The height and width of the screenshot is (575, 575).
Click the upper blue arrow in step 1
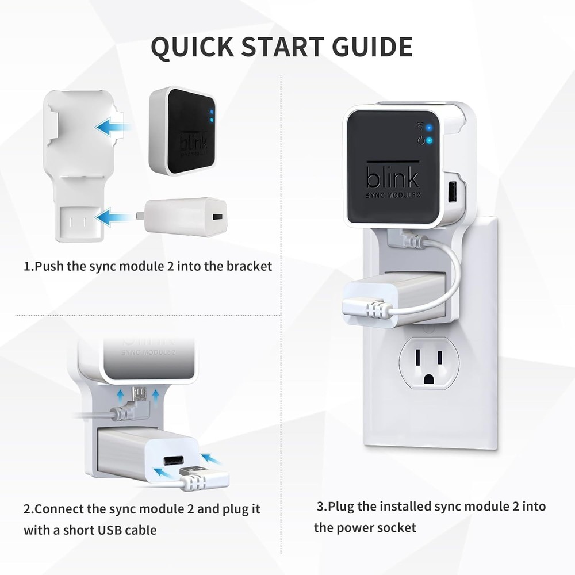112,127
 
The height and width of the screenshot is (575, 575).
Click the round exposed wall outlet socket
428,363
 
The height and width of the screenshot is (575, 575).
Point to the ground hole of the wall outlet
429,379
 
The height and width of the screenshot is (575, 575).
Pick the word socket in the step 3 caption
396,527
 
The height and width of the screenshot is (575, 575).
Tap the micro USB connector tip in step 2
139,393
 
